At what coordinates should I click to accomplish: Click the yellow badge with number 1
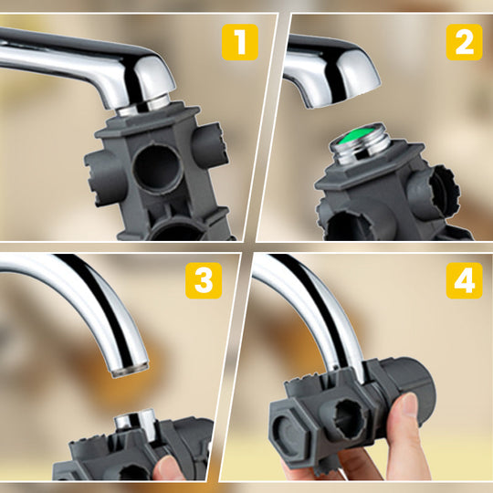(240, 41)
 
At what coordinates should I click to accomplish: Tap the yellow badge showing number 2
(464, 41)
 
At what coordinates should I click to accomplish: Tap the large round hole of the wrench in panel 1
(160, 167)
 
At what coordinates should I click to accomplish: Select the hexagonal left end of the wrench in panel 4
(291, 425)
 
